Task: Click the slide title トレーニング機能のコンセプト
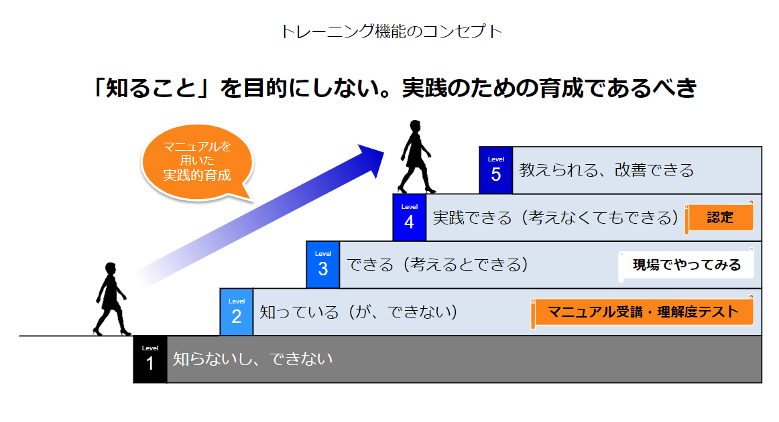pos(392,31)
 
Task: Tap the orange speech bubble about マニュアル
pos(197,161)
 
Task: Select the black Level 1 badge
pos(150,360)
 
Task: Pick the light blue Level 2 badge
pos(237,311)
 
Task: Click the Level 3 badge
pos(323,265)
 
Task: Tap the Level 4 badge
pos(410,218)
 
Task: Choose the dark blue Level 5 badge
pos(496,170)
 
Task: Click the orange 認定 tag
pos(719,218)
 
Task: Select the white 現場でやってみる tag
pos(686,265)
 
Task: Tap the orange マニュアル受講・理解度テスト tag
pos(642,311)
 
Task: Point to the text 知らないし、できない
pos(253,359)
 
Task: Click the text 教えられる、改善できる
pos(607,170)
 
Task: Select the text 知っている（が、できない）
pos(359,311)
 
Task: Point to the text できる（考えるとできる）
pos(437,265)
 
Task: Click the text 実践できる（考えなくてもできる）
pos(556,218)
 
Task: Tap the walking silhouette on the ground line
pos(111,299)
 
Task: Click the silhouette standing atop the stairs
pos(416,157)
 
